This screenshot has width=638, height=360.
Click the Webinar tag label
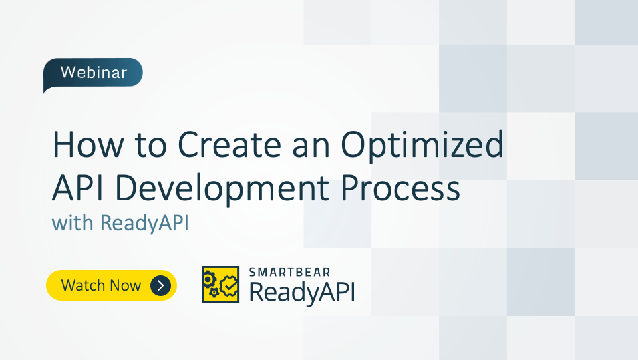pos(93,73)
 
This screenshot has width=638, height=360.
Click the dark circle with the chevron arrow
pos(161,286)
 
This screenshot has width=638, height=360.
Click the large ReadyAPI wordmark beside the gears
pos(301,292)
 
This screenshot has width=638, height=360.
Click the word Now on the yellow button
pos(126,286)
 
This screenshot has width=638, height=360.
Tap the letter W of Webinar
pos(67,73)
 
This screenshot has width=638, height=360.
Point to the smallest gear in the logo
pos(213,293)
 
